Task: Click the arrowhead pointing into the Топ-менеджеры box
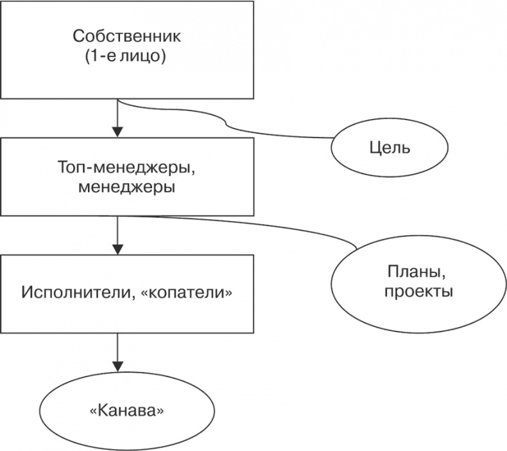[117, 132]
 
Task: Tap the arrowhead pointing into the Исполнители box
[117, 249]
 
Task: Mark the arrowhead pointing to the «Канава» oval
[117, 365]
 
